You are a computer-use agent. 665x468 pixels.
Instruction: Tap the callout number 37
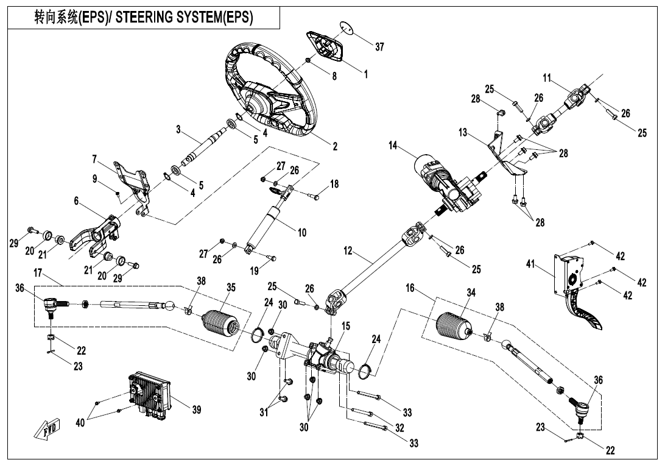tap(379, 48)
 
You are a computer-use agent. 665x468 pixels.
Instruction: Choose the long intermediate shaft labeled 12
tap(371, 262)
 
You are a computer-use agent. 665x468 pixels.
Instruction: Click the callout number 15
tap(345, 327)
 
